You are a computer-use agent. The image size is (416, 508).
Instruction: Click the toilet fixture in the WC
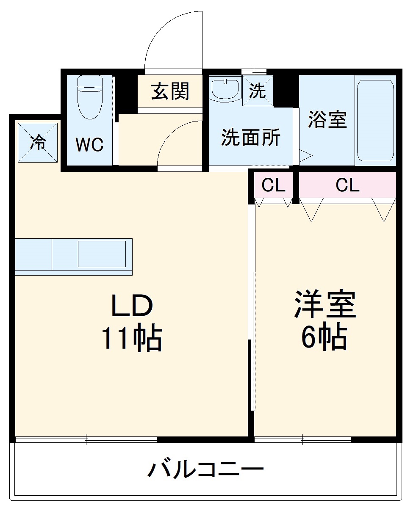pos(90,97)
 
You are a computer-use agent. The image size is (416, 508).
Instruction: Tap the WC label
pos(89,145)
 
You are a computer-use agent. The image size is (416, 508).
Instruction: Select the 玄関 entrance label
pos(170,91)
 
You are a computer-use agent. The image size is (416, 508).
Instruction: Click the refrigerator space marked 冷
pos(38,142)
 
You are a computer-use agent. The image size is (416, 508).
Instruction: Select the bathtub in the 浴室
pos(375,121)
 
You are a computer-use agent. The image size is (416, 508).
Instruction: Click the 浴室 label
pos(327,120)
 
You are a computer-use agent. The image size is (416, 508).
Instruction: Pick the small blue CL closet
pos(273,185)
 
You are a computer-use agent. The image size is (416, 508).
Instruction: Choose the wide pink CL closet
pos(347,185)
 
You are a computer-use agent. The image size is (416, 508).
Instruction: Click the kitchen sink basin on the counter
pos(102,254)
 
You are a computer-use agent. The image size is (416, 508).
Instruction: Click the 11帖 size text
pos(131,338)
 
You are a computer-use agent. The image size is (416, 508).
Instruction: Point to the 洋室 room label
pos(325,304)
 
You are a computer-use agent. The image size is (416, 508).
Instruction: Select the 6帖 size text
pos(324,337)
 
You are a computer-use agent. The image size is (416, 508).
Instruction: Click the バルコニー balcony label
pos(206,469)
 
